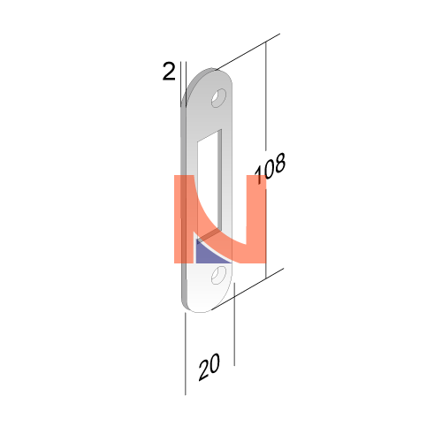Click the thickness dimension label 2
tap(169, 72)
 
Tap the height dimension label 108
tap(270, 168)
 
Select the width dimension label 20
tap(210, 367)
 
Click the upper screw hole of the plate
tap(218, 98)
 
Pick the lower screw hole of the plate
tap(218, 275)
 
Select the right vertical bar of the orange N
tap(256, 219)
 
